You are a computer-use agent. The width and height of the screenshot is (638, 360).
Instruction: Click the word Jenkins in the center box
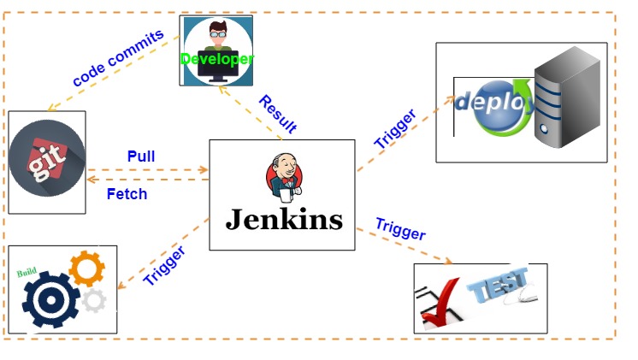283,220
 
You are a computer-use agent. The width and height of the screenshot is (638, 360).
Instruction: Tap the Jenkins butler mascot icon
284,176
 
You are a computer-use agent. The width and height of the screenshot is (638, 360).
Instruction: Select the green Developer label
216,59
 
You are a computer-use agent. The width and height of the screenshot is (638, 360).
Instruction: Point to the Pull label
141,156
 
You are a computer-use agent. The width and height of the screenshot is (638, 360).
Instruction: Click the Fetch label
127,194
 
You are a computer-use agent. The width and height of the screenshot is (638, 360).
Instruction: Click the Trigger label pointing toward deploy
395,129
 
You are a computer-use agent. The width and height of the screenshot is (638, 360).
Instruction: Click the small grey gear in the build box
93,300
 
